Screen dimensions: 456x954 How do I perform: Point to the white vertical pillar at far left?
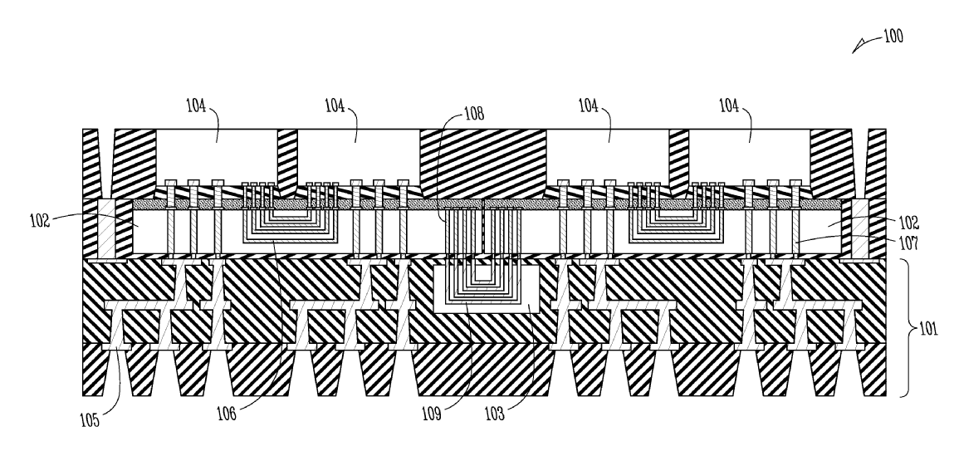105,228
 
